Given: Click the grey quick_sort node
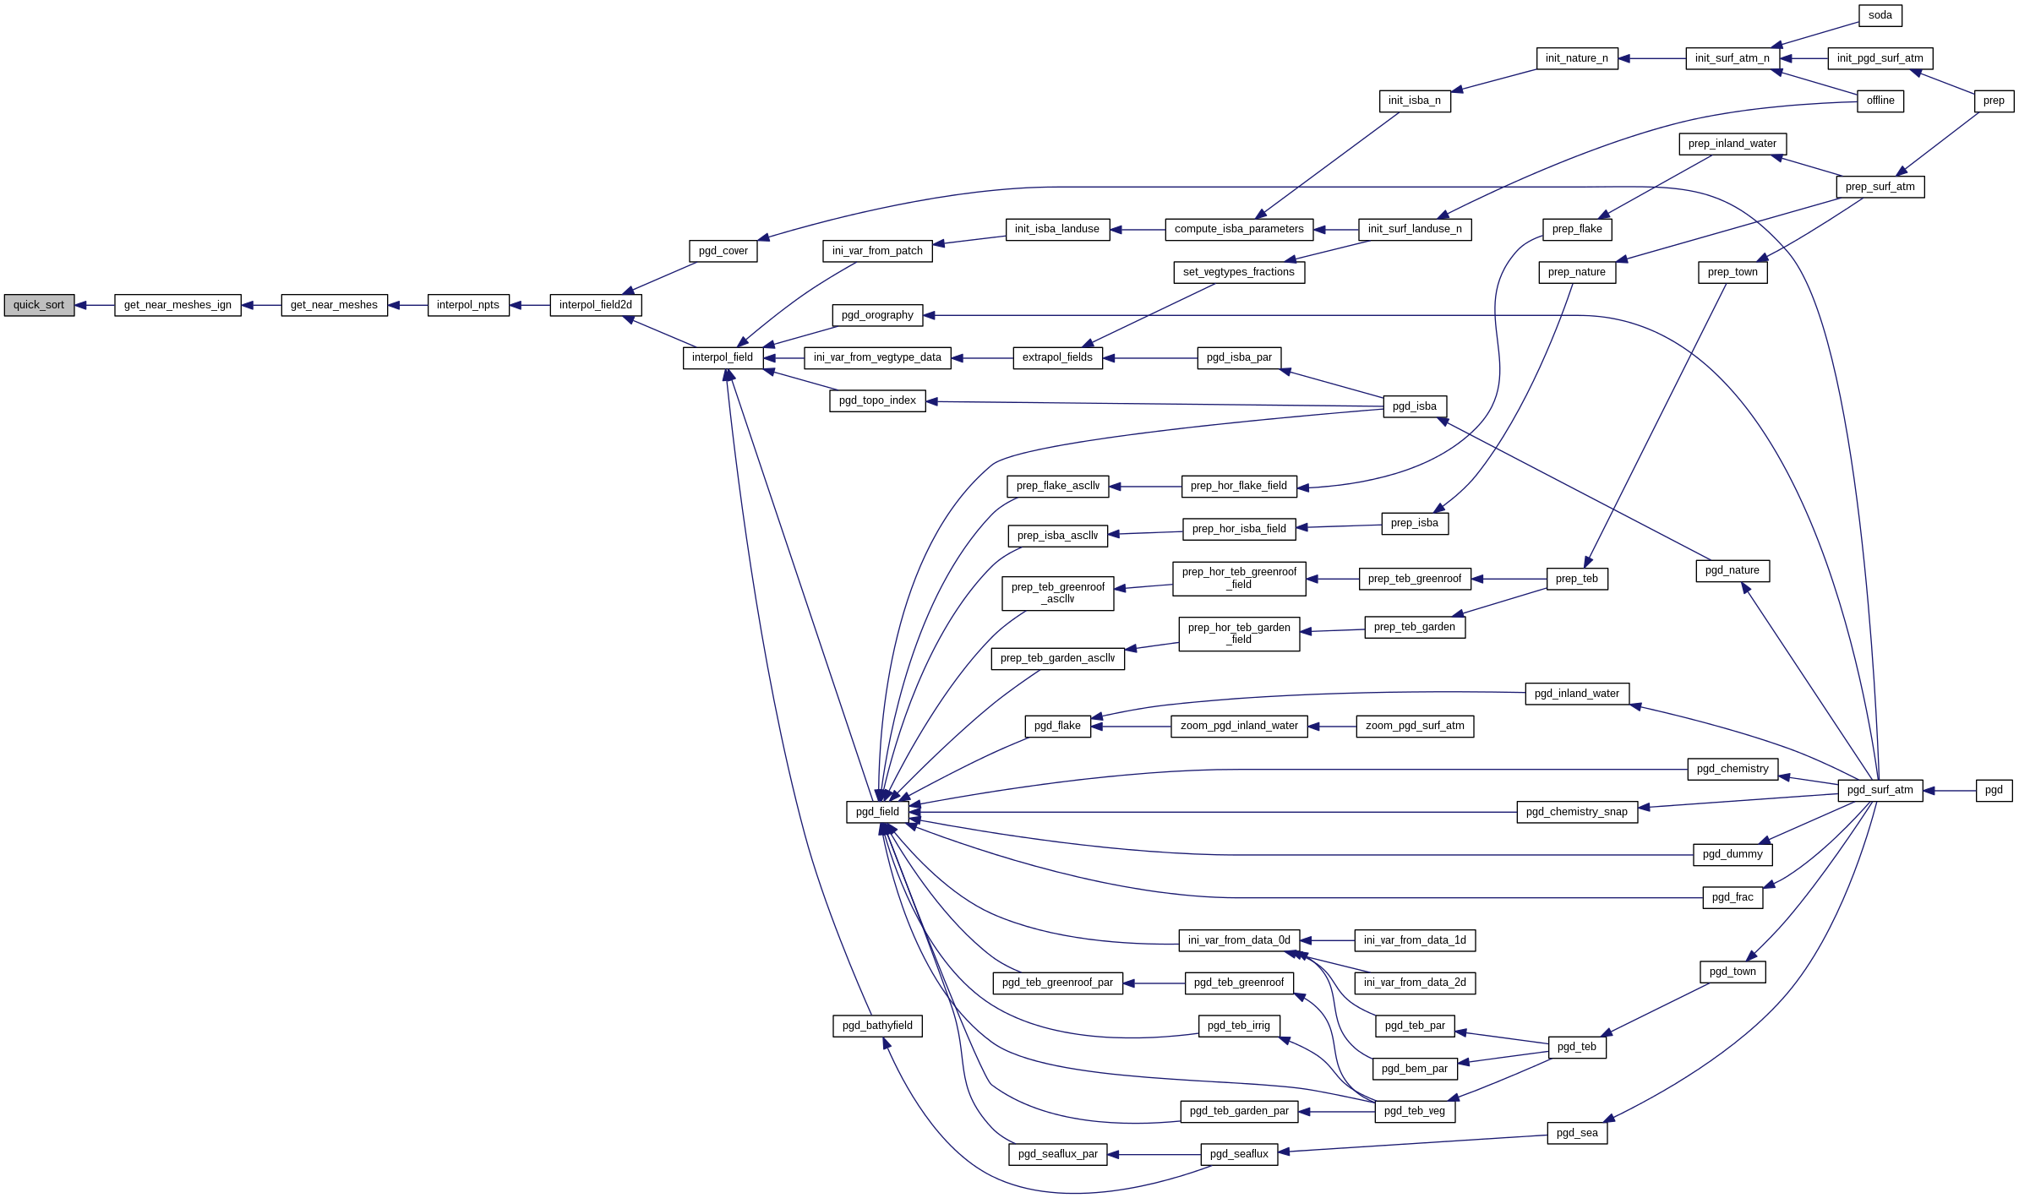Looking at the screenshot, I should (x=39, y=305).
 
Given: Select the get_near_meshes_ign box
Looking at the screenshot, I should (x=177, y=305).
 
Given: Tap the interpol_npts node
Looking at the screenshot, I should (x=468, y=305).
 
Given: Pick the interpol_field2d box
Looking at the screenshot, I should (x=595, y=305).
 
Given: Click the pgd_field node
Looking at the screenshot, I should (x=877, y=812).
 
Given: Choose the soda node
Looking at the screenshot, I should (x=1880, y=15).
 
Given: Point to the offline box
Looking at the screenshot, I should (x=1880, y=101).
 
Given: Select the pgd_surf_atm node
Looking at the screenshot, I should (x=1880, y=790).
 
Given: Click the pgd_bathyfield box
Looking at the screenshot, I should (x=877, y=1026).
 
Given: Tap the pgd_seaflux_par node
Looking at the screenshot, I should (x=1057, y=1154).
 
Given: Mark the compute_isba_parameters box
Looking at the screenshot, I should (x=1239, y=229).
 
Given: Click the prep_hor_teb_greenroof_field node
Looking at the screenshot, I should (x=1239, y=579).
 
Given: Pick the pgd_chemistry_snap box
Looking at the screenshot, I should (x=1576, y=812).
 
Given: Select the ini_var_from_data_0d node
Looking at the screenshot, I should (x=1239, y=940).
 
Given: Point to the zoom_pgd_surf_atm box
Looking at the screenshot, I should (x=1415, y=726).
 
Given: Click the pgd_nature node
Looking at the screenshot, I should (x=1732, y=570).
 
